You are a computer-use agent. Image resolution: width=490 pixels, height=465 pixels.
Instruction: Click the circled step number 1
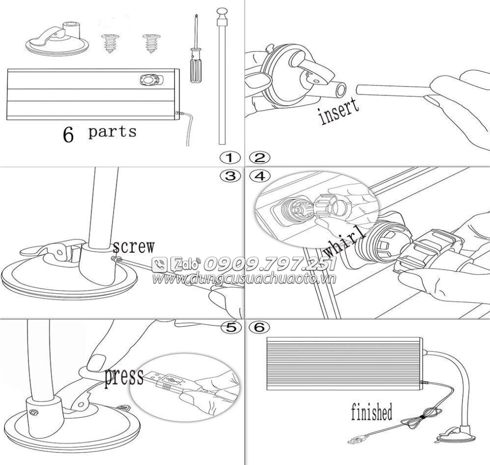point(230,158)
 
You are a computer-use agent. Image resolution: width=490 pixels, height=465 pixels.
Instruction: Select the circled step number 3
point(230,176)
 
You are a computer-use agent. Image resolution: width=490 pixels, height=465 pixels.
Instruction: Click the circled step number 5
point(231,327)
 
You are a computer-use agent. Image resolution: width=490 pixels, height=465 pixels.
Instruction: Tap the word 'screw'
point(133,247)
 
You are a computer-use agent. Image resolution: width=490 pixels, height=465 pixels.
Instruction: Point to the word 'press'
point(124,377)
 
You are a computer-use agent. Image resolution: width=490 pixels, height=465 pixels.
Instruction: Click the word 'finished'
point(372,412)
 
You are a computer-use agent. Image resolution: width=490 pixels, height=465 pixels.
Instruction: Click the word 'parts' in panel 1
point(112,132)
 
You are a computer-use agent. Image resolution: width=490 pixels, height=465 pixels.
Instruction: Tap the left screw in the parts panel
point(110,44)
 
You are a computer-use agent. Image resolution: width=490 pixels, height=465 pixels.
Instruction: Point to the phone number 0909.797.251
point(269,264)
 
